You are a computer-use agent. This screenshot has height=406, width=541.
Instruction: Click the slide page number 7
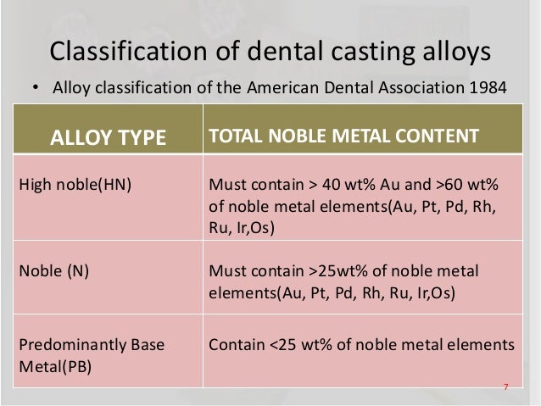pyautogui.click(x=505, y=387)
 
